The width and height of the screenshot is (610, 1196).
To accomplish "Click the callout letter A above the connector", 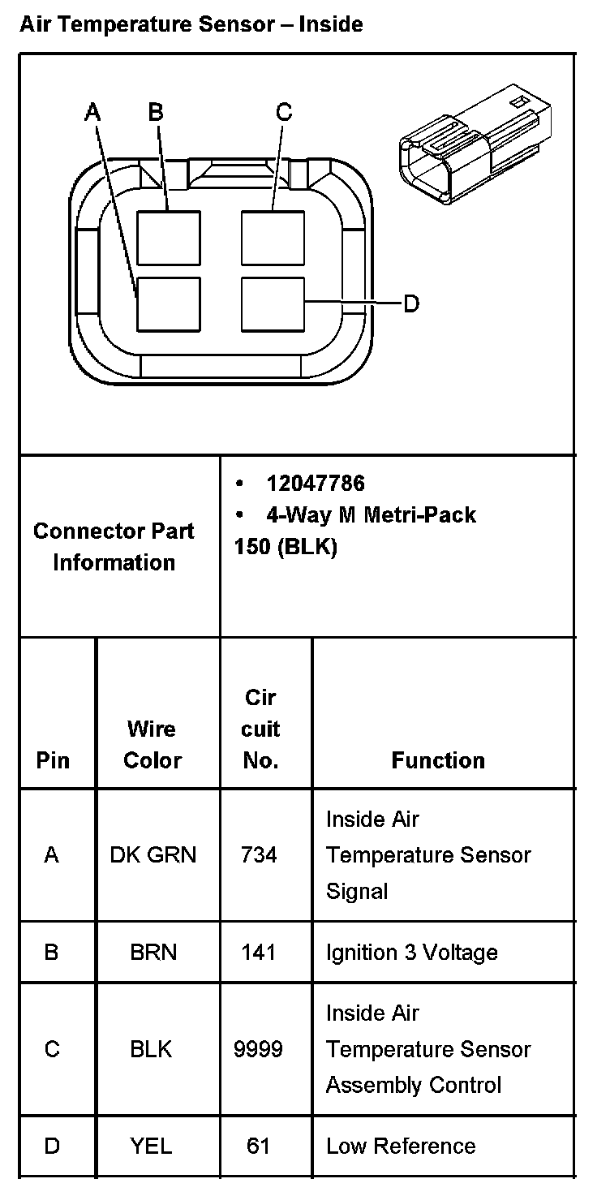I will click(x=93, y=113).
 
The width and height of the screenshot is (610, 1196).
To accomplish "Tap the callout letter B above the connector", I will click(x=156, y=113).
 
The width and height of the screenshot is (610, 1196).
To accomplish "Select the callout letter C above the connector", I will click(x=283, y=113).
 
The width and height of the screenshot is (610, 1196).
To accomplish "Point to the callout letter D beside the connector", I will click(x=411, y=304).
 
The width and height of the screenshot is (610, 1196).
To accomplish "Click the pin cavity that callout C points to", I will click(x=273, y=238).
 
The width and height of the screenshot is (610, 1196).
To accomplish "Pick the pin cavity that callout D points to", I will click(x=273, y=303).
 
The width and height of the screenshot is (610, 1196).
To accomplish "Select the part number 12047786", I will click(x=316, y=484).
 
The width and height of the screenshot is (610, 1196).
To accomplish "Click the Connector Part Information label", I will click(x=114, y=547).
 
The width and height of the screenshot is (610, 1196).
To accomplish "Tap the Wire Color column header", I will click(x=152, y=745).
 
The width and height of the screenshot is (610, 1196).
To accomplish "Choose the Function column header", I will click(x=438, y=760).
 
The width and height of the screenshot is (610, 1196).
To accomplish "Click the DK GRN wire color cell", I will click(x=152, y=855).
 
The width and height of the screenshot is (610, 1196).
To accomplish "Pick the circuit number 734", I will click(x=259, y=855).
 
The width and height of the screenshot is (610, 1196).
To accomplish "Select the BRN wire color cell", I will click(x=152, y=952).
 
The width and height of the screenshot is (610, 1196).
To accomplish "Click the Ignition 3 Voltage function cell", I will click(x=411, y=952).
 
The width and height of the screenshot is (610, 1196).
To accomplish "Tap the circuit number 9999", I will click(x=259, y=1049).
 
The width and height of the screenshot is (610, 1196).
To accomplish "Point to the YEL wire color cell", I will click(x=151, y=1146).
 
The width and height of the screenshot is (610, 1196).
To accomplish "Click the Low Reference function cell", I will click(x=401, y=1146).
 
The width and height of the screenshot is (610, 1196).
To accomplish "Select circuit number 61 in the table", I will click(x=259, y=1146).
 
